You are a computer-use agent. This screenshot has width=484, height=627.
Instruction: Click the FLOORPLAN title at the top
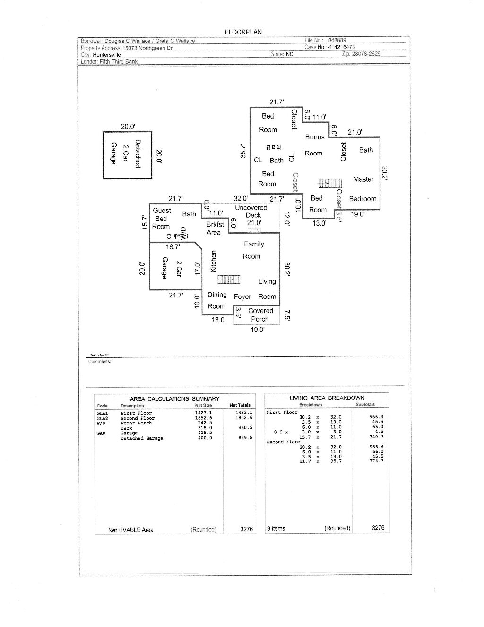(243, 32)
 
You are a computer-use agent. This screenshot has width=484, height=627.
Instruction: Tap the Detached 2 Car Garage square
(127, 155)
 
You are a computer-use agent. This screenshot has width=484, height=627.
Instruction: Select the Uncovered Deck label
(251, 212)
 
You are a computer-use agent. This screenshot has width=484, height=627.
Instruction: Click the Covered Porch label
(260, 315)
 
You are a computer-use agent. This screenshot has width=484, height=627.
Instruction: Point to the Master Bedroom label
(363, 189)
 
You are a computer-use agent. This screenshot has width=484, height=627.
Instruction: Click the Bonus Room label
(314, 145)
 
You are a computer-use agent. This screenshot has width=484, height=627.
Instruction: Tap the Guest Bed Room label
(161, 218)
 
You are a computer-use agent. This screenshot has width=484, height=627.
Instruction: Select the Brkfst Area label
(215, 229)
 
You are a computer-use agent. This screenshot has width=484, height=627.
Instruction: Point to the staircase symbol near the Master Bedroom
(330, 183)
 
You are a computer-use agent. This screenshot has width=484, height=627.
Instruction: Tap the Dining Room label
(217, 300)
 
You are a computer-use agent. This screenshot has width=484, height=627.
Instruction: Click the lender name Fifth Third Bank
(119, 61)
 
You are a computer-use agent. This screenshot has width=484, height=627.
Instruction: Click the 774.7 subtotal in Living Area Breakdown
(376, 461)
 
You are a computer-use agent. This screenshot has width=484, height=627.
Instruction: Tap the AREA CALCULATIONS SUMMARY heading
(174, 398)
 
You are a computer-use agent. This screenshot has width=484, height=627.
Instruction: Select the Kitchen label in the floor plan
(213, 261)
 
